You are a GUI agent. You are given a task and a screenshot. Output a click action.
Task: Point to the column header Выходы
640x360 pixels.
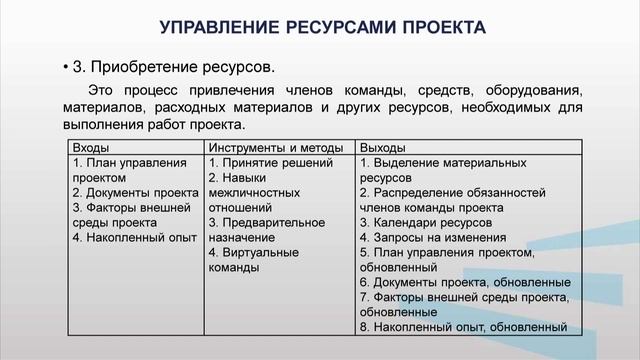pyautogui.click(x=380, y=148)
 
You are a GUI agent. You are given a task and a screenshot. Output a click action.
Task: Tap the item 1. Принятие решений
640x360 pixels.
pyautogui.click(x=268, y=163)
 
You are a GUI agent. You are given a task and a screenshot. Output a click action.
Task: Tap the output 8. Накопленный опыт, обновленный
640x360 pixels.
pyautogui.click(x=463, y=327)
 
